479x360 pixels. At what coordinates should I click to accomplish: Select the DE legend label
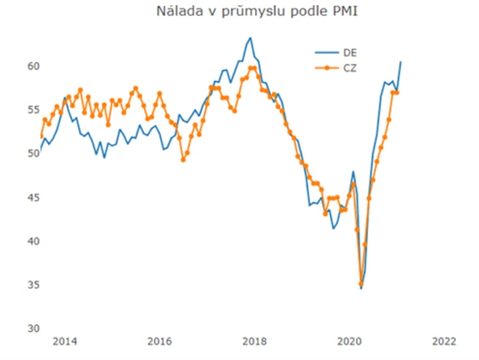click(x=350, y=53)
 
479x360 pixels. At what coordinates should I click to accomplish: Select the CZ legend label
click(x=350, y=67)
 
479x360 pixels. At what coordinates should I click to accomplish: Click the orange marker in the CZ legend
click(x=326, y=67)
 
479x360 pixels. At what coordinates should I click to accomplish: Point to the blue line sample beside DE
click(x=326, y=53)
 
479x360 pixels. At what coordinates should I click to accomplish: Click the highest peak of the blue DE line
click(x=250, y=38)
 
